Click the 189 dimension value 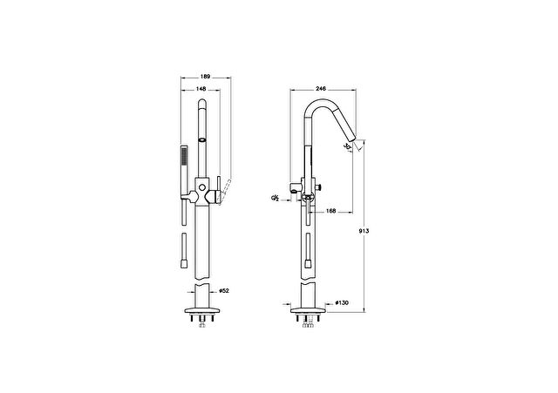tap(206, 76)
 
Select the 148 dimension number tap(201, 89)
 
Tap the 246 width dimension tap(321, 89)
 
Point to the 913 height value tap(364, 231)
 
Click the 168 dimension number tap(331, 211)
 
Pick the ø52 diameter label tap(224, 290)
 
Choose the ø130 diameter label tap(342, 302)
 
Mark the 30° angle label tap(348, 146)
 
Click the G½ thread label tap(275, 198)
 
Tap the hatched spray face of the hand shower tap(184, 157)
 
